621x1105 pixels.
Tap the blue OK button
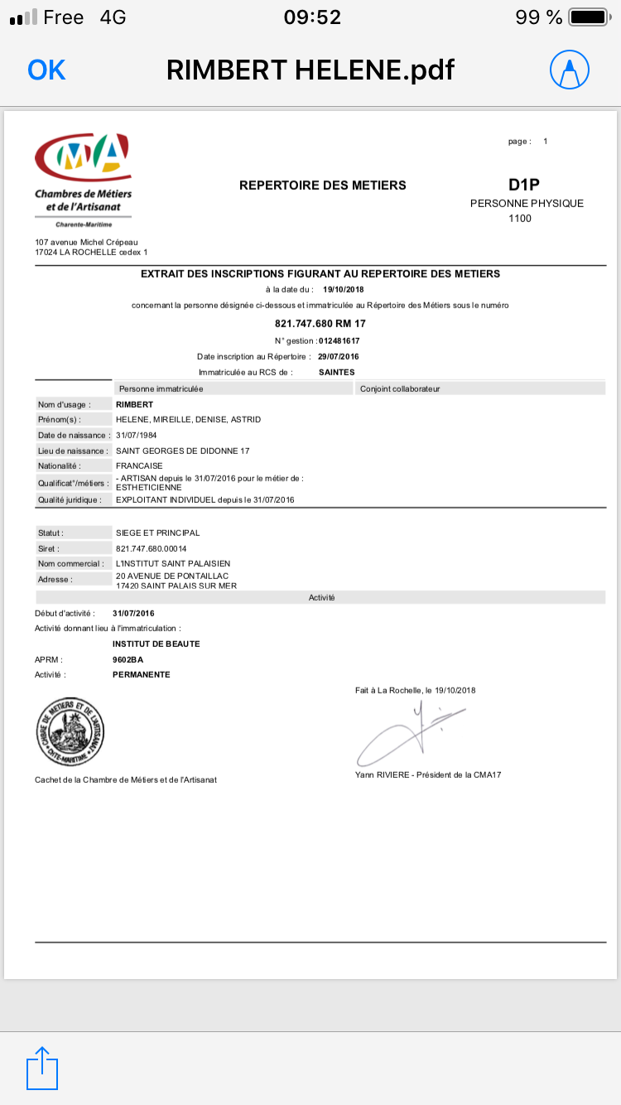pyautogui.click(x=46, y=70)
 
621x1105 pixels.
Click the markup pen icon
pyautogui.click(x=570, y=70)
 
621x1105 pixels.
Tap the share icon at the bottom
pyautogui.click(x=43, y=1069)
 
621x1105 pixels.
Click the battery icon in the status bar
pyautogui.click(x=590, y=17)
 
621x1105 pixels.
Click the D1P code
pyautogui.click(x=524, y=185)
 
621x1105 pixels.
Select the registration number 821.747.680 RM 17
pyautogui.click(x=320, y=323)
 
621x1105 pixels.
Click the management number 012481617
pyautogui.click(x=339, y=340)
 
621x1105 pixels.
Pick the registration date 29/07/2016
pyautogui.click(x=339, y=356)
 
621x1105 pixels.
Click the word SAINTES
pyautogui.click(x=336, y=372)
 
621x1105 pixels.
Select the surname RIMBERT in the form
pyautogui.click(x=135, y=404)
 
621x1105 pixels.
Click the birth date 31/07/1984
pyautogui.click(x=137, y=435)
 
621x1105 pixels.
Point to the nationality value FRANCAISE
pyautogui.click(x=139, y=466)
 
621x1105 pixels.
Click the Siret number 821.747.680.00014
pyautogui.click(x=152, y=548)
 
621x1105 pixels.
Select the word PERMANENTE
pyautogui.click(x=141, y=674)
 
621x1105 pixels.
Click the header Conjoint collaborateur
pyautogui.click(x=400, y=388)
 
